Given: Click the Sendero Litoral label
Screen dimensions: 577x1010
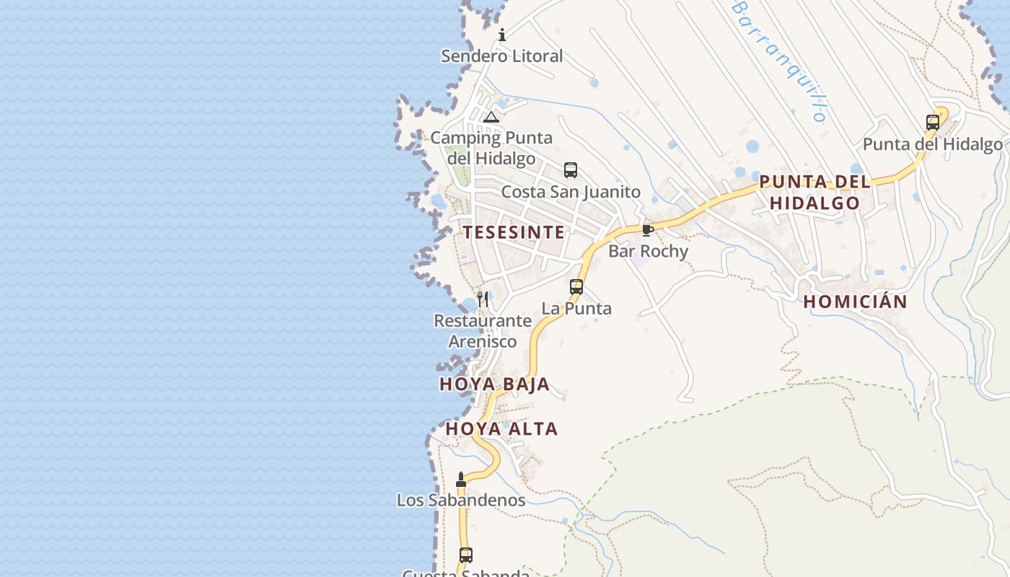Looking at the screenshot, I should [x=501, y=56].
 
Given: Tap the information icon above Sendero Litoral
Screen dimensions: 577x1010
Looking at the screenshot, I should [x=502, y=35].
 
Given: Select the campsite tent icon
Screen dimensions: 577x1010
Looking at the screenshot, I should [x=491, y=117].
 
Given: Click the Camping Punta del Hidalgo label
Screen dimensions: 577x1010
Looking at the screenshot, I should [x=491, y=148].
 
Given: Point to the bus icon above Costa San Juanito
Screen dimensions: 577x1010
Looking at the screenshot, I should [x=571, y=170].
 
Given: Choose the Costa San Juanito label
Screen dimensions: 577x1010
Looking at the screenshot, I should [x=571, y=192].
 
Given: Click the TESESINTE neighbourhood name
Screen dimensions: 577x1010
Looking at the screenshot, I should [x=514, y=232].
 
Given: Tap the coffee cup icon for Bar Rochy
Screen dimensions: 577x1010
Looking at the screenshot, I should [x=647, y=230].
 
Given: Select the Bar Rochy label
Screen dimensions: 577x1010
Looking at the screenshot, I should [x=648, y=251].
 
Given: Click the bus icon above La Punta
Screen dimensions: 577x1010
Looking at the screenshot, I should [x=576, y=286].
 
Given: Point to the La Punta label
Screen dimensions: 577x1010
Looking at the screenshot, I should [x=576, y=309].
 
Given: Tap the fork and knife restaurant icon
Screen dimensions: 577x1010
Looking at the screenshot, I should [x=483, y=299].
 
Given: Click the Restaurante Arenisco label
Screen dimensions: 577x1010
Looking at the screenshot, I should [x=483, y=331].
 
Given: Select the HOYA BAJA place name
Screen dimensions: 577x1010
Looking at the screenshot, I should [x=494, y=384].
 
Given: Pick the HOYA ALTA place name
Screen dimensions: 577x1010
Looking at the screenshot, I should [x=501, y=429].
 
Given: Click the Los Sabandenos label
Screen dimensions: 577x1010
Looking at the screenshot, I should [x=461, y=500].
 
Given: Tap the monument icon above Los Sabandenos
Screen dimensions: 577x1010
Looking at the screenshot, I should [x=461, y=480].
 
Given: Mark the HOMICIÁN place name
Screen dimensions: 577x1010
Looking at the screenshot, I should [x=855, y=302].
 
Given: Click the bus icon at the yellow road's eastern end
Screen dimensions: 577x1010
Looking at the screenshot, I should [x=933, y=123].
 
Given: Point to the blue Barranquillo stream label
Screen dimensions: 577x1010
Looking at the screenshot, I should [x=779, y=59].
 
